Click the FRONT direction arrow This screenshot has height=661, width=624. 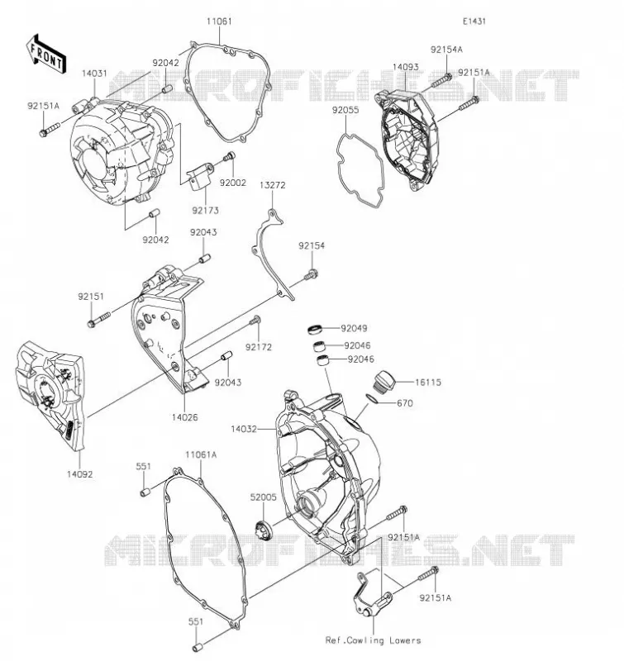pos(45,54)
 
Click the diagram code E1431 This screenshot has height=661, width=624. pos(474,21)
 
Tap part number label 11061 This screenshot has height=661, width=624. pos(219,21)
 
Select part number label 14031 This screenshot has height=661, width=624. pos(94,74)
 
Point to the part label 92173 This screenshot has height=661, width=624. pos(206,211)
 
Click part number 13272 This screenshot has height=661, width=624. pos(273,185)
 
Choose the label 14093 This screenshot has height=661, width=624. pos(406,67)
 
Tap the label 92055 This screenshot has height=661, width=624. pos(345,110)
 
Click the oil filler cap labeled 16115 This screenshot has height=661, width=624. pos(383,382)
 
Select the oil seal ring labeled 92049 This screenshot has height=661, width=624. pos(315,329)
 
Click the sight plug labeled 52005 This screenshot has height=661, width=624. pos(264,530)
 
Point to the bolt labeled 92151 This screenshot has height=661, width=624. pos(98,319)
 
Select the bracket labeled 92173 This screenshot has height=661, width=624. pos(198,177)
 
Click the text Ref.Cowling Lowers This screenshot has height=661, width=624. pos(373,640)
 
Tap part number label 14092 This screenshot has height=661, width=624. pos(79,474)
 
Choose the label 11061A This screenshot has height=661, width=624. pos(201,455)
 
